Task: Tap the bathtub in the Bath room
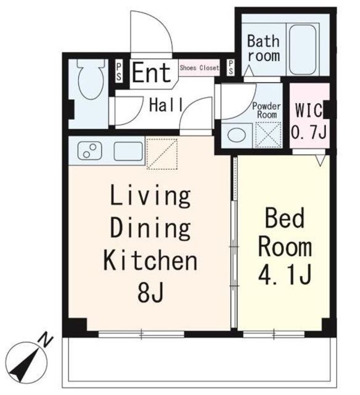tap(303, 49)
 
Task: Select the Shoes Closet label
tap(199, 68)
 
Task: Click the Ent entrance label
tap(152, 73)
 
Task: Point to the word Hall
tap(166, 105)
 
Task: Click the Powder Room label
tap(267, 110)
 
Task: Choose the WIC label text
tap(309, 110)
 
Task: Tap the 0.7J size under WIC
tap(309, 131)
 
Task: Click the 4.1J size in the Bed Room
tap(285, 274)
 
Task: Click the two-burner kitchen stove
tap(90, 151)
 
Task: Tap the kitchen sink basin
tap(128, 151)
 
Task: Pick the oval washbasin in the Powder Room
tap(237, 135)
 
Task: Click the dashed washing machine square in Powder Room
tap(268, 135)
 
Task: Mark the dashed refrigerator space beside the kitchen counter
tap(162, 154)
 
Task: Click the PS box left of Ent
tap(119, 72)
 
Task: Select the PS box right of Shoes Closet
tap(231, 67)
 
